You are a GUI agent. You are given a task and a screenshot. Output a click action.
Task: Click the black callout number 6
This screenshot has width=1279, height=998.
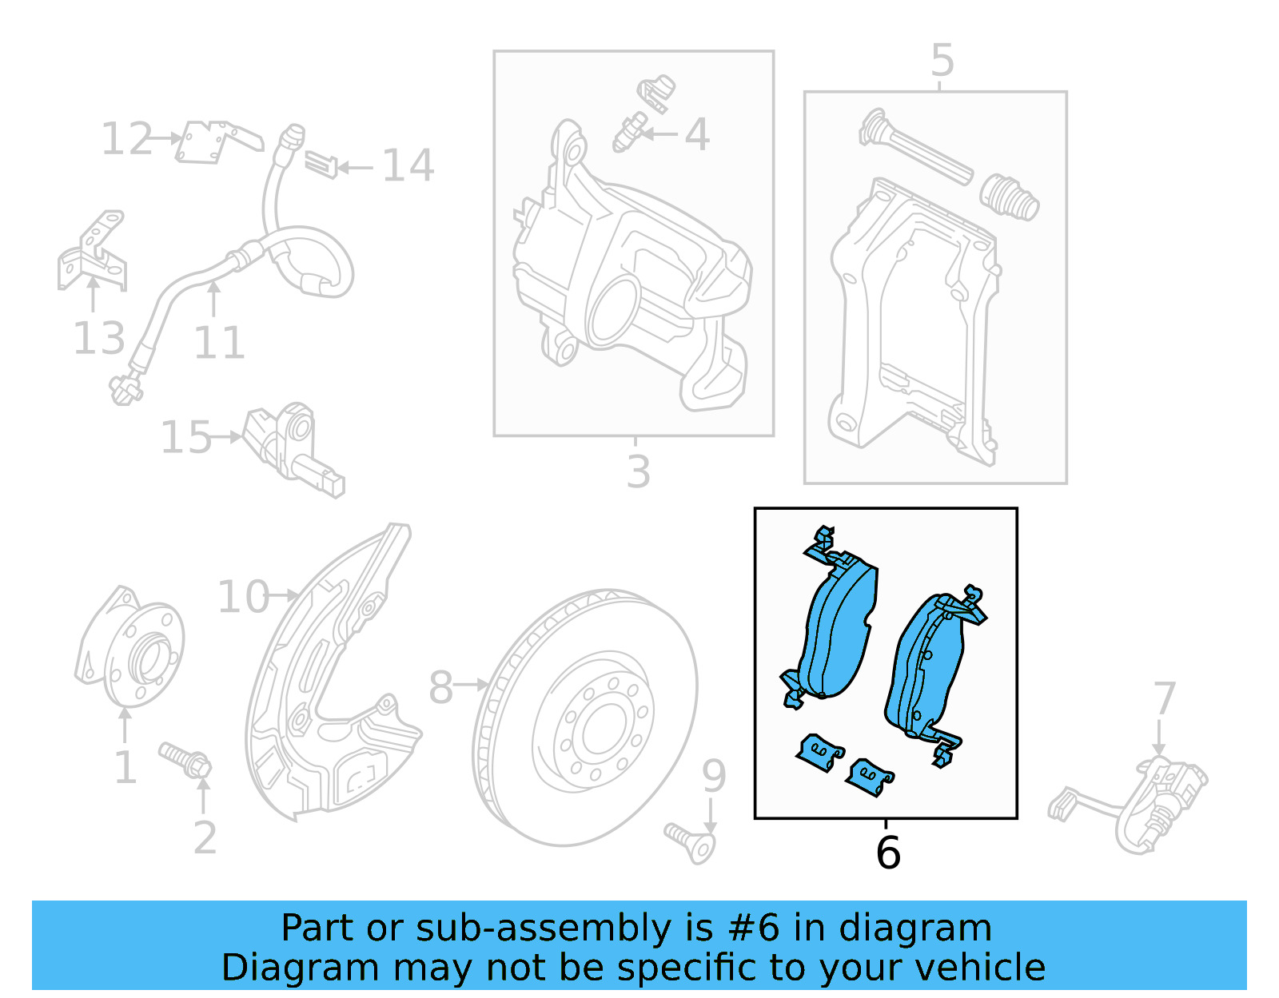(x=887, y=853)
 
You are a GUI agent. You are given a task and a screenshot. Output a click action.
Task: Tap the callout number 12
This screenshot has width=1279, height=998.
(x=126, y=139)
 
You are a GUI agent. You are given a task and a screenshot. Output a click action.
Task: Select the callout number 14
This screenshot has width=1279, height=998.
(x=408, y=165)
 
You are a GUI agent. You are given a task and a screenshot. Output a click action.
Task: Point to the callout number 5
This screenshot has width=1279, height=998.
(x=942, y=61)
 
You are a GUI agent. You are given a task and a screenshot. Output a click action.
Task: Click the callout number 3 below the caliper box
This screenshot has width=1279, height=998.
(x=638, y=471)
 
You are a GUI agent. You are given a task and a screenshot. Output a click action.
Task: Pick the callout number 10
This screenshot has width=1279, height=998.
(x=243, y=597)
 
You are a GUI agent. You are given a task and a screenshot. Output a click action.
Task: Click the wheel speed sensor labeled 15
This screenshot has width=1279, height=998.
(x=292, y=447)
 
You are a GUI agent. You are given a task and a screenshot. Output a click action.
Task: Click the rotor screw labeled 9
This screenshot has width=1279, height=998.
(x=691, y=842)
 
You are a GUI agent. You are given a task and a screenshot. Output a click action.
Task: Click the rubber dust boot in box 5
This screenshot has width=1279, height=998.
(x=1009, y=197)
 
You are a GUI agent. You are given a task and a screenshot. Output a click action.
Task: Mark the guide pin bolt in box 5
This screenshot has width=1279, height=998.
(x=915, y=148)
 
